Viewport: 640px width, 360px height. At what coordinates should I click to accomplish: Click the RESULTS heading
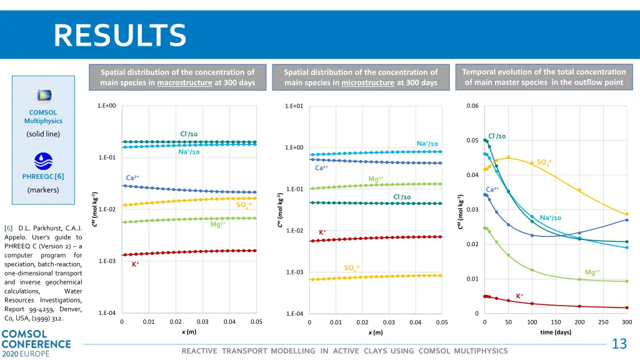click(120, 35)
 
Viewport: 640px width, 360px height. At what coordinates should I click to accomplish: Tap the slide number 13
click(619, 344)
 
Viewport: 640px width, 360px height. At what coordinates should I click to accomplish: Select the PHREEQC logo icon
click(43, 161)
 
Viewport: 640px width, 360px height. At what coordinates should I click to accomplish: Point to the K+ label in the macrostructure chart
click(135, 264)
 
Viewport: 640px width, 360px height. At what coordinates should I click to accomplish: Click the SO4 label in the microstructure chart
click(351, 268)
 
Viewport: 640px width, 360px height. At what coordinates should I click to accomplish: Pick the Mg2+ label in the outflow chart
click(592, 272)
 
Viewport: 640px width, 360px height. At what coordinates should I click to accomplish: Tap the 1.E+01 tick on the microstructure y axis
click(296, 106)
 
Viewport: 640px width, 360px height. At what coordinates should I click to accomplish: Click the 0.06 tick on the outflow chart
click(472, 106)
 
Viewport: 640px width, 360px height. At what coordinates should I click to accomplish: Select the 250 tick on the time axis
click(603, 322)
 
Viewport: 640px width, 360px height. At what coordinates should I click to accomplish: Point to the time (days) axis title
click(556, 332)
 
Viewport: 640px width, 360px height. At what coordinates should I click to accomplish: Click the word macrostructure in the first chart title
click(184, 83)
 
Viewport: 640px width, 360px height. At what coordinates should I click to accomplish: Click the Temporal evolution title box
click(544, 77)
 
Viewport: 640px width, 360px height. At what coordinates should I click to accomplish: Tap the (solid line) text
click(43, 134)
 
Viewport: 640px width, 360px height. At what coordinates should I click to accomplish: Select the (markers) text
click(43, 190)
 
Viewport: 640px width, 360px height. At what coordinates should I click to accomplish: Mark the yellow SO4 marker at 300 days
click(627, 214)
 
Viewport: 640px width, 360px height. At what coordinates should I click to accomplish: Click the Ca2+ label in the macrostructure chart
click(132, 178)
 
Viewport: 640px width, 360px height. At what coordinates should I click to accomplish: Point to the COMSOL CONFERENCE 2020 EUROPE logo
click(36, 343)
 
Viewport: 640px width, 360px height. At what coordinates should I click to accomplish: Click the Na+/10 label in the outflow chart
click(551, 217)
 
